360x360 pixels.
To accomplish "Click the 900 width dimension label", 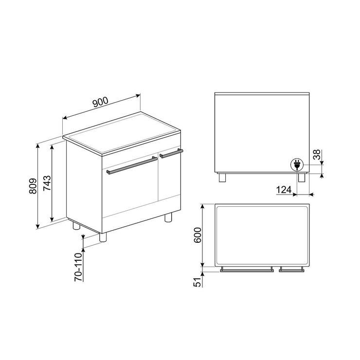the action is pyautogui.click(x=100, y=102).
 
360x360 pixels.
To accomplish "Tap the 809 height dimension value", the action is pyautogui.click(x=33, y=186).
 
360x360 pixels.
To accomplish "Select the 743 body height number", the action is pyautogui.click(x=47, y=183).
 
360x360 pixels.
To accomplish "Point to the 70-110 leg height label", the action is pyautogui.click(x=78, y=267).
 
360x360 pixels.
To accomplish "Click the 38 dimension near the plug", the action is pyautogui.click(x=317, y=154).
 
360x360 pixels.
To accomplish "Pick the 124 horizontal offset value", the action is pyautogui.click(x=284, y=190).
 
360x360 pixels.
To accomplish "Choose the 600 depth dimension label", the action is pyautogui.click(x=198, y=235).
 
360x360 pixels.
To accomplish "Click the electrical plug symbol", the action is pyautogui.click(x=297, y=165).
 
